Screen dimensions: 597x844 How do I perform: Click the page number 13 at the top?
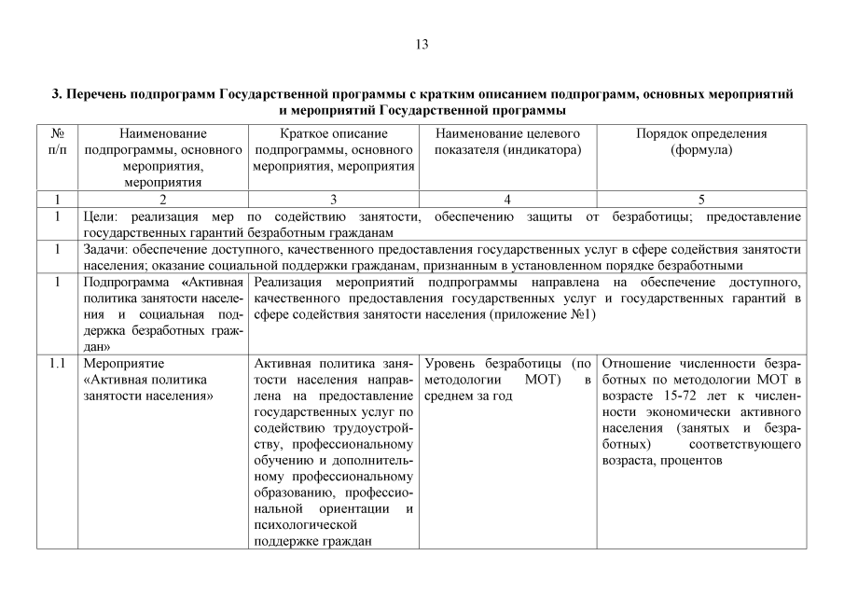(422, 44)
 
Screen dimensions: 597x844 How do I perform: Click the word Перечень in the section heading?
(100, 94)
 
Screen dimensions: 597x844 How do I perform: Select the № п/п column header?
(57, 142)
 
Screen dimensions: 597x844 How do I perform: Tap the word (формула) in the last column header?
(700, 149)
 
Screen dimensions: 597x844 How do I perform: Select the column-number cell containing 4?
(507, 199)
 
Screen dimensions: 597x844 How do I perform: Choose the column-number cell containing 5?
(701, 199)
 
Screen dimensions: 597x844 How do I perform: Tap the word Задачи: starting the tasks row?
(105, 249)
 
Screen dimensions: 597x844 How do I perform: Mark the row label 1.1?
(57, 362)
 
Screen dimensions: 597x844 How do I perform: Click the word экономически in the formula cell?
(679, 411)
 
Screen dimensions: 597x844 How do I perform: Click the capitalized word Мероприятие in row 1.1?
(123, 362)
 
